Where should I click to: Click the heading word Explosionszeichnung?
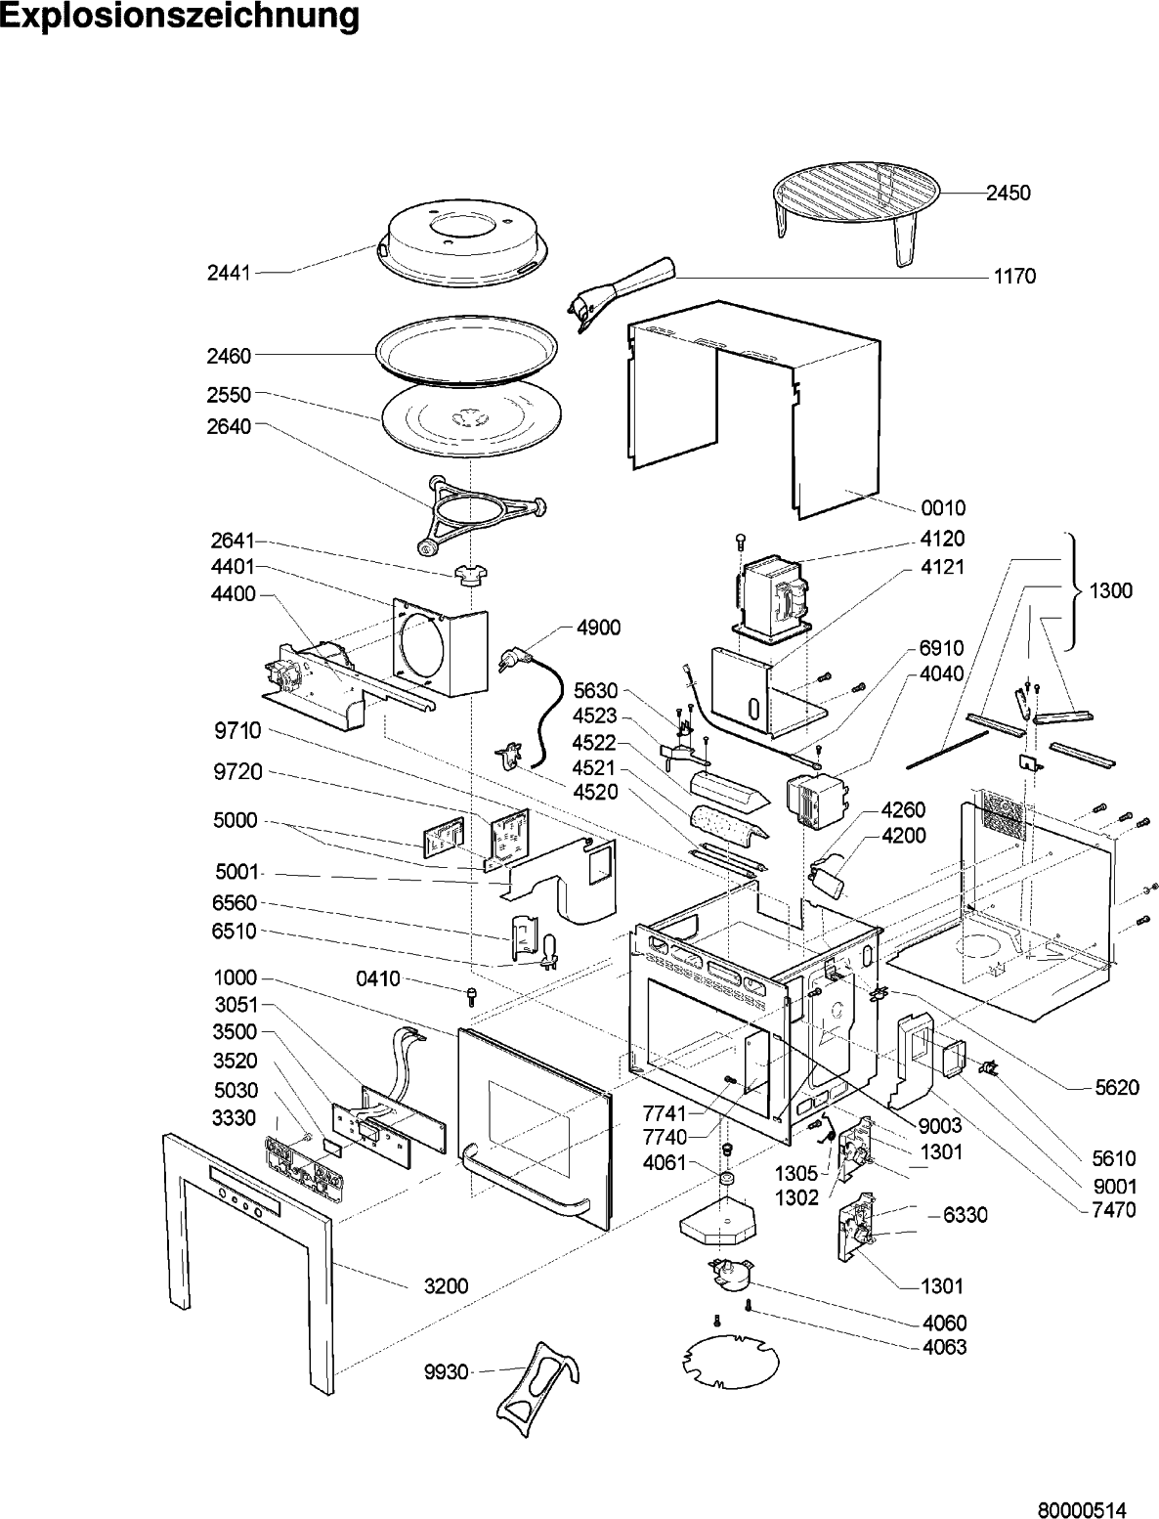tap(180, 16)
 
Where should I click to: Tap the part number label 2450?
tap(1008, 194)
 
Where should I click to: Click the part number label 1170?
tap(1014, 277)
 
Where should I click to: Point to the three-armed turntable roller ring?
tap(482, 515)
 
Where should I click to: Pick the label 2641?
tap(233, 541)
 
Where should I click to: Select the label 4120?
tap(943, 539)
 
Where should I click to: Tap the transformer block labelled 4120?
tap(772, 599)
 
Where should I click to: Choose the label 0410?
tap(378, 978)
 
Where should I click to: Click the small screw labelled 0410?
tap(472, 996)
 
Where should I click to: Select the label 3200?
tap(446, 1285)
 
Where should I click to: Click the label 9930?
tap(446, 1371)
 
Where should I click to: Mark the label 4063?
tap(945, 1347)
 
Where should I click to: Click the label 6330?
tap(966, 1214)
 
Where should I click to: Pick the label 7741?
tap(665, 1112)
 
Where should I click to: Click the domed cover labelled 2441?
tap(449, 244)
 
